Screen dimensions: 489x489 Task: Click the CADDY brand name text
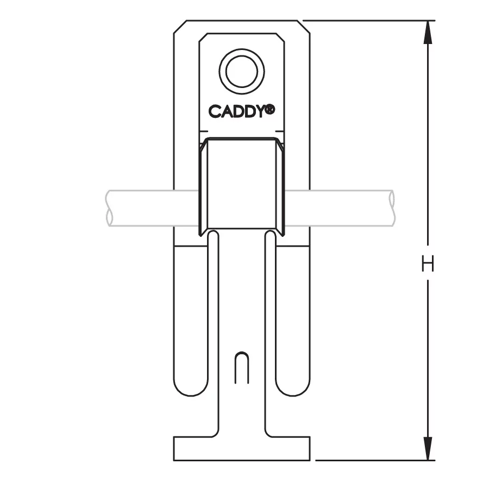pyautogui.click(x=237, y=111)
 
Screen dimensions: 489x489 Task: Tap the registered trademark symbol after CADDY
pyautogui.click(x=271, y=109)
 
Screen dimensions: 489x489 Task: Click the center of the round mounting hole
pyautogui.click(x=242, y=71)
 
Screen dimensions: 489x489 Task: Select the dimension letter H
pyautogui.click(x=428, y=263)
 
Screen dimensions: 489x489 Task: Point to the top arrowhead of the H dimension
pyautogui.click(x=428, y=32)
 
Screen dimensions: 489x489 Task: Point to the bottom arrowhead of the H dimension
pyautogui.click(x=428, y=448)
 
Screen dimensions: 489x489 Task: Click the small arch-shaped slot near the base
pyautogui.click(x=242, y=368)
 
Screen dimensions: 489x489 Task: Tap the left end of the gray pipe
pyautogui.click(x=109, y=208)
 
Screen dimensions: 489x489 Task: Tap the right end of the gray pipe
pyautogui.click(x=392, y=208)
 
